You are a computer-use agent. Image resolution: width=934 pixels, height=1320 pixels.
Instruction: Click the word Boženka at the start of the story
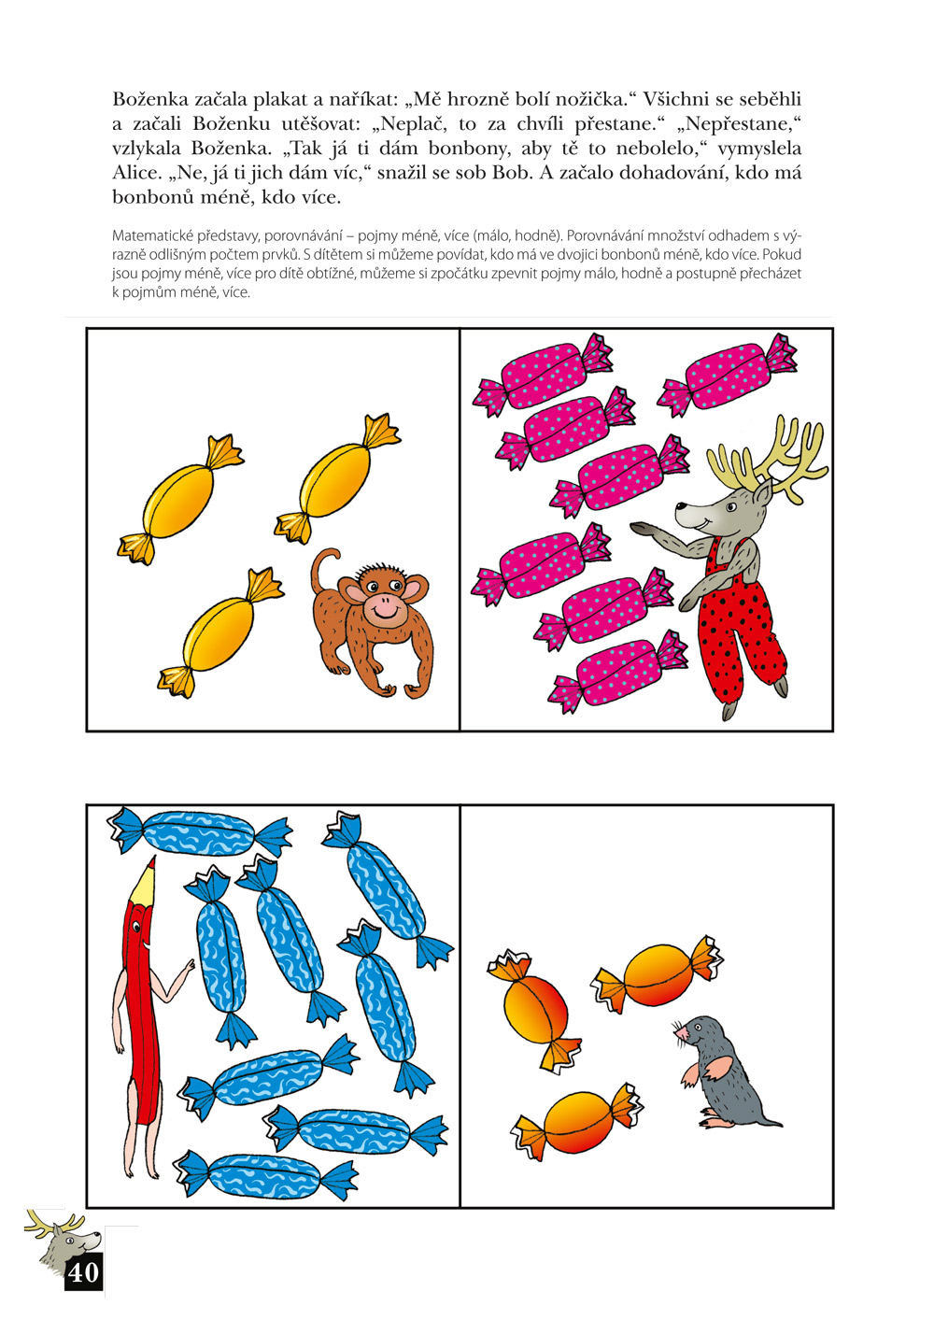coord(150,99)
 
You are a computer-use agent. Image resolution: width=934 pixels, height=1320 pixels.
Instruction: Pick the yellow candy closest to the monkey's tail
coord(338,480)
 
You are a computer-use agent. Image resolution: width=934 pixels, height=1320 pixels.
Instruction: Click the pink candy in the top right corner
coord(728,375)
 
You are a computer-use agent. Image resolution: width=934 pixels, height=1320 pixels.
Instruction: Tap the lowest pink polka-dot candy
coord(618,671)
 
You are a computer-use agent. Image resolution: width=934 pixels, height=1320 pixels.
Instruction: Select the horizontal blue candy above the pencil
coord(199,832)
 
